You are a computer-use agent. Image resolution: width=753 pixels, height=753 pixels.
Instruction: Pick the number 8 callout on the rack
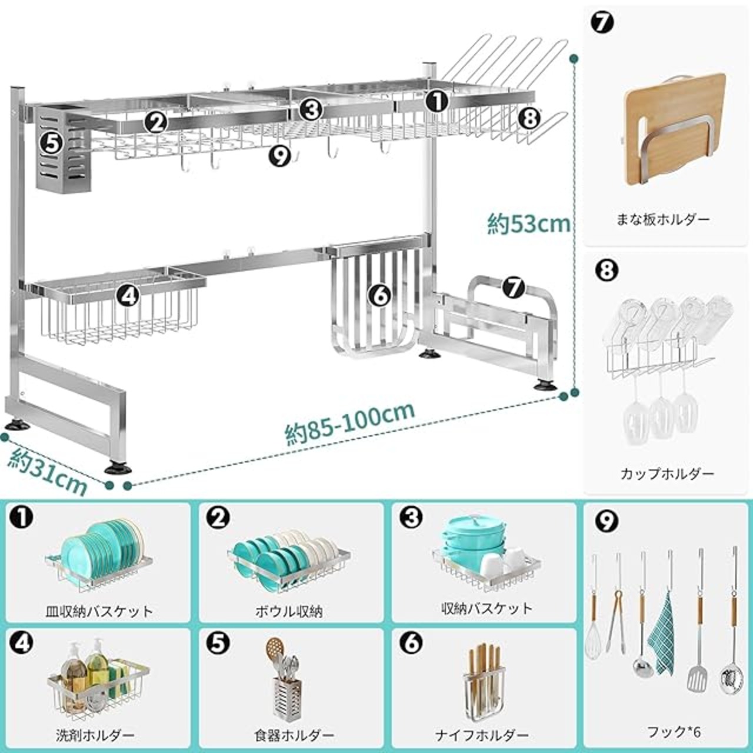(x=529, y=118)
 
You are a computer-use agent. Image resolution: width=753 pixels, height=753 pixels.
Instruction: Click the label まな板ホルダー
(x=663, y=219)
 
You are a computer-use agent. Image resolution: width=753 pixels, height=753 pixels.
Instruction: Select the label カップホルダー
(x=668, y=474)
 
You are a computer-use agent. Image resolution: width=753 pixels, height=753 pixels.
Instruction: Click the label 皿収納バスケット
(x=99, y=612)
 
